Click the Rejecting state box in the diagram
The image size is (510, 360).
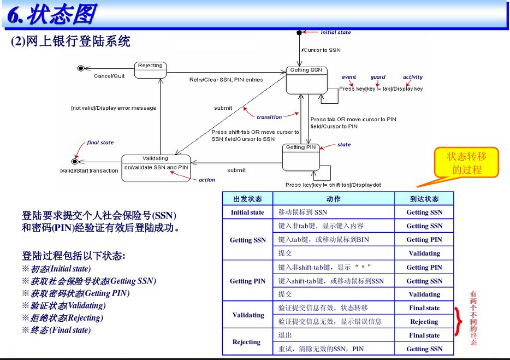pos(150,67)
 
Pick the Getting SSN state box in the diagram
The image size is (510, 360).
pos(306,79)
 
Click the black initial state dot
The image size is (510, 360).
pos(299,33)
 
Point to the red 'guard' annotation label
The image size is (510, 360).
pos(378,78)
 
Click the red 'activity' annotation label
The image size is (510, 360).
pos(413,78)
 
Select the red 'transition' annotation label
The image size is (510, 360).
pos(269,117)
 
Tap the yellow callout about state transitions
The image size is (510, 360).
pos(466,163)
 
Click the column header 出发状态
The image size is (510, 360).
pos(247,199)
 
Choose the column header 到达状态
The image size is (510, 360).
pos(424,199)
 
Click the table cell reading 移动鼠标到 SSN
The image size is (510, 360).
pos(303,213)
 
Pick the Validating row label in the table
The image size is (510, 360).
pos(248,315)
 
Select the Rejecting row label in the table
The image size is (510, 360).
pos(246,342)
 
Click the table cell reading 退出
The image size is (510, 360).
pos(286,335)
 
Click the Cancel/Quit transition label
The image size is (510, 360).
pos(109,76)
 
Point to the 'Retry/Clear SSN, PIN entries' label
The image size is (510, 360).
pos(226,80)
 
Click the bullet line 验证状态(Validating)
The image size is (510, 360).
pos(64,305)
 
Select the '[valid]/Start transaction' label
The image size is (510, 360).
pos(89,170)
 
